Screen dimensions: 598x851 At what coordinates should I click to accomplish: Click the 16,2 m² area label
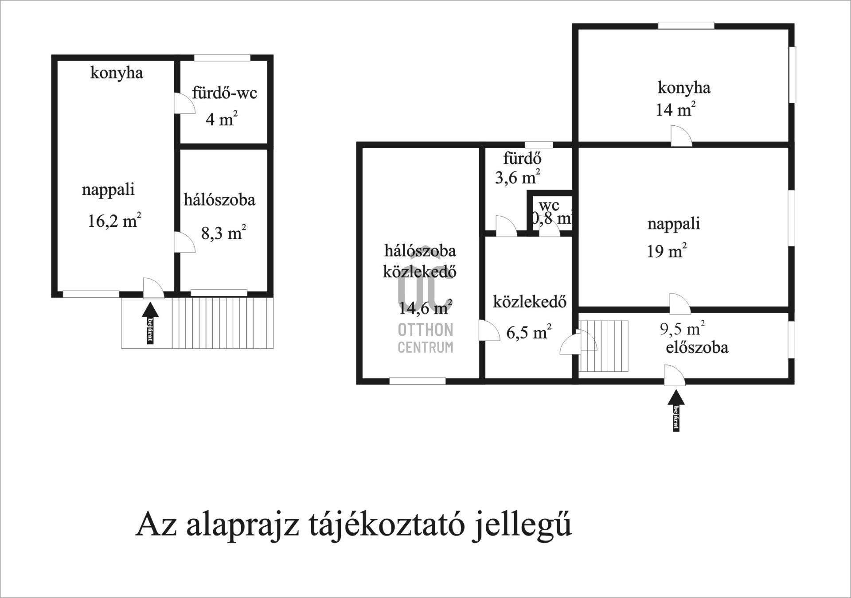(114, 220)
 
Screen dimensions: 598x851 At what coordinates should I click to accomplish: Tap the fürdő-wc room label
(224, 93)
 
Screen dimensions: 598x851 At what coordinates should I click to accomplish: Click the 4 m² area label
(222, 119)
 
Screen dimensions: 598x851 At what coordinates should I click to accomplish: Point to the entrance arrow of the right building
(676, 410)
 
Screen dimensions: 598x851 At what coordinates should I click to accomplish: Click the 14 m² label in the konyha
(675, 109)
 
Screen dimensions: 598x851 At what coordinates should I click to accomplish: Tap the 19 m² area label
(667, 251)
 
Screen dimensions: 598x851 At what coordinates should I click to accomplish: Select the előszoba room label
(697, 347)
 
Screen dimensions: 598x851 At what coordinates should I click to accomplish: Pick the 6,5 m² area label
(529, 332)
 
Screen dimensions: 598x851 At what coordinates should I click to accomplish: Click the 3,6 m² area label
(517, 177)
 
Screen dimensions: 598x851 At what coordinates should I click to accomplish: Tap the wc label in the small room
(549, 205)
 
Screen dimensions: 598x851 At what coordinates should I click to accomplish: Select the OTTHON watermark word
(425, 330)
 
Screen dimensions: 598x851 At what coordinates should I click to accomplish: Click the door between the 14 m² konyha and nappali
(681, 136)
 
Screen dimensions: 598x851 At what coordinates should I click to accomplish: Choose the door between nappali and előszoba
(679, 304)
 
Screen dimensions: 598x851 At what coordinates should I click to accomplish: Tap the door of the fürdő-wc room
(183, 104)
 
